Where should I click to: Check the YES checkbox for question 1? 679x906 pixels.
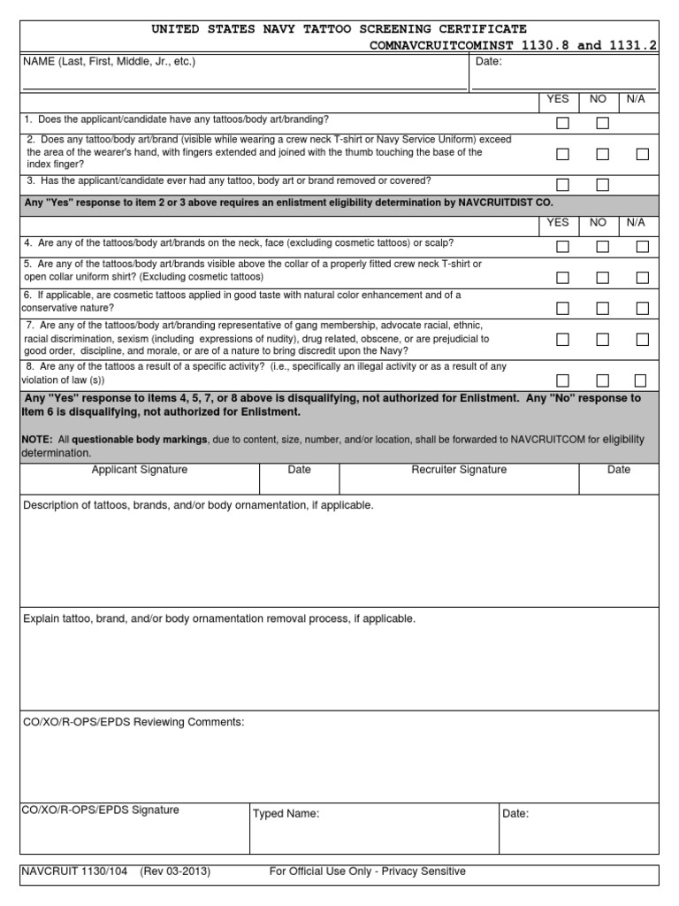[x=562, y=124]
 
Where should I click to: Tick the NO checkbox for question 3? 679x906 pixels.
[x=603, y=185]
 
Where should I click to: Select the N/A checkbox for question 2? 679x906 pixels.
[x=643, y=154]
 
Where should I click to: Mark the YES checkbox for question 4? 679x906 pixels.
[x=562, y=247]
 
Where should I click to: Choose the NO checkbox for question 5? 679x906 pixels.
[x=603, y=278]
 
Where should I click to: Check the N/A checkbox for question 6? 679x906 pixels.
[x=643, y=309]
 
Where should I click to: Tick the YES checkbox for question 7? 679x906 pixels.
[x=562, y=340]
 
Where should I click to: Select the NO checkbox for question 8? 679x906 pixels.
[x=603, y=380]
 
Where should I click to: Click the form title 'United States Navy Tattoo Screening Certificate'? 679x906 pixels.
[x=339, y=30]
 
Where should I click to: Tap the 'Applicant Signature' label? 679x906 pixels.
[x=140, y=470]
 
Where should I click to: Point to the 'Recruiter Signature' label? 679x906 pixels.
[x=459, y=470]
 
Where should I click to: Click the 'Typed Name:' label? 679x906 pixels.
[x=286, y=814]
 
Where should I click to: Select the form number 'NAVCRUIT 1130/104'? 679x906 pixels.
[x=76, y=871]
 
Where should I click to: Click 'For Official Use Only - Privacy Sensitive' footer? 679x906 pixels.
[x=367, y=871]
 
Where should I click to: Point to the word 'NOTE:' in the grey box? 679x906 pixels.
[x=38, y=440]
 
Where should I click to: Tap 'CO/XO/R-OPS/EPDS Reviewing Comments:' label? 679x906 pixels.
[x=134, y=723]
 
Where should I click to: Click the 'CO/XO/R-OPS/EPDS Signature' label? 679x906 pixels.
[x=101, y=810]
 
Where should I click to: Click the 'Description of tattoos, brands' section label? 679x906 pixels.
[x=198, y=505]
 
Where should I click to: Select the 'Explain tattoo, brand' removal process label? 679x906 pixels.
[x=218, y=618]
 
